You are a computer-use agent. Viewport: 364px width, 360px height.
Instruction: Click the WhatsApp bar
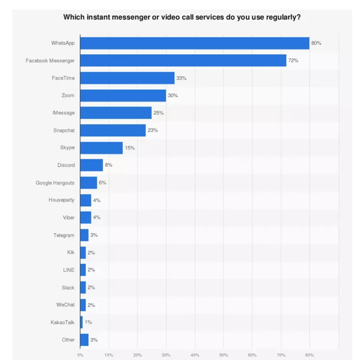tap(194, 43)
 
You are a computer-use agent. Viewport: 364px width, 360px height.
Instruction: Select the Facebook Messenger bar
tap(183, 61)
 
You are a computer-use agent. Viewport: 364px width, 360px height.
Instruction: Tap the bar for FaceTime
tap(128, 78)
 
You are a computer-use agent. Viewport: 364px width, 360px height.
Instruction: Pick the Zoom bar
tap(123, 95)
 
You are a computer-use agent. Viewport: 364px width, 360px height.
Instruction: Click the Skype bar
tap(101, 148)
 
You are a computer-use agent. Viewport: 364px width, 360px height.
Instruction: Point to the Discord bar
tap(91, 165)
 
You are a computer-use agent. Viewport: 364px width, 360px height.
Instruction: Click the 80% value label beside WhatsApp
tap(316, 43)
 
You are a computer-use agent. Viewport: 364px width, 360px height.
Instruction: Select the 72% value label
tap(293, 61)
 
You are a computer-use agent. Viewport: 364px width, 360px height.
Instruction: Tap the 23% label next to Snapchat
tap(153, 130)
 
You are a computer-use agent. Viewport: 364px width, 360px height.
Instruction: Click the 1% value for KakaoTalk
tap(88, 322)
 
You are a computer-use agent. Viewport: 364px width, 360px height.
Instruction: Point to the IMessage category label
tap(63, 113)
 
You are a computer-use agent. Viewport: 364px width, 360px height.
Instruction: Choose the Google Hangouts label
tap(55, 182)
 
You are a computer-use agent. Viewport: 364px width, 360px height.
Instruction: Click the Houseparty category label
tap(61, 200)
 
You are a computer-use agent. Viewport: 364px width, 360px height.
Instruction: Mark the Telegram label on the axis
tap(64, 235)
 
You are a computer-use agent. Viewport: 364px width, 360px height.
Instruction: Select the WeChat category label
tap(65, 305)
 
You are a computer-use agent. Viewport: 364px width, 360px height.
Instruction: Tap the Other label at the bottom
tap(68, 340)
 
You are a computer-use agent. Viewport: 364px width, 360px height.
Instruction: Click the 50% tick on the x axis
tap(223, 355)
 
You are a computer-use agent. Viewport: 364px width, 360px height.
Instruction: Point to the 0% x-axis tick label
tap(80, 355)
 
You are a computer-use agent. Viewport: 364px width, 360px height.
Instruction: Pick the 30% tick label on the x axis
tap(166, 355)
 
